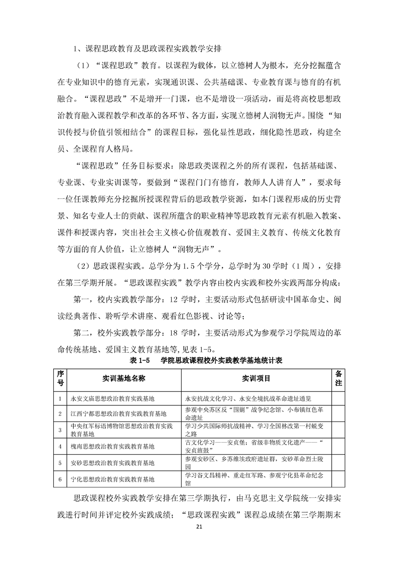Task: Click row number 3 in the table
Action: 60,430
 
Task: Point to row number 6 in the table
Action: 60,479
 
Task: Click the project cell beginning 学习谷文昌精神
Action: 256,479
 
